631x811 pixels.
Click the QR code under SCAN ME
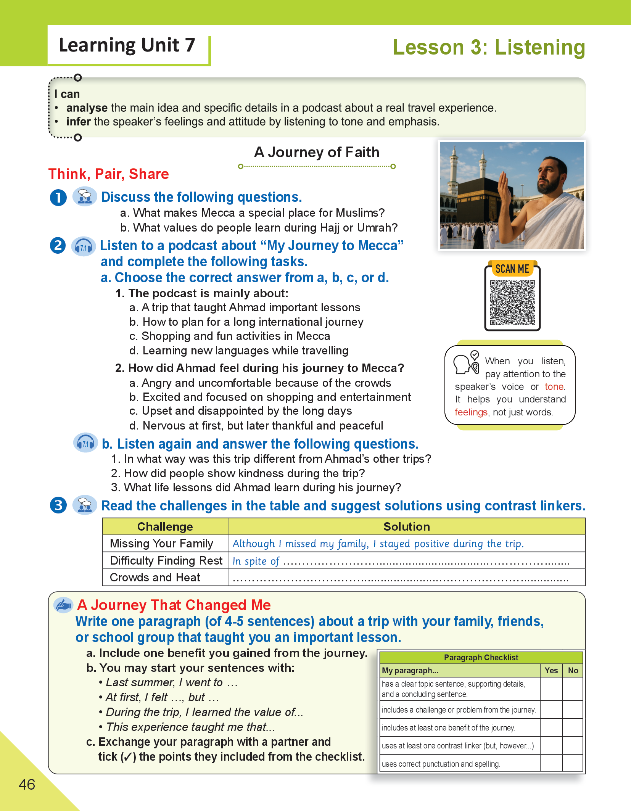click(x=512, y=303)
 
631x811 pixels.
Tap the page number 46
click(x=27, y=784)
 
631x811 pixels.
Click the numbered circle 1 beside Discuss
click(x=58, y=198)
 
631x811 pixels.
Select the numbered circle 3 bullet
click(x=58, y=505)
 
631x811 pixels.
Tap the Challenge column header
click(x=165, y=527)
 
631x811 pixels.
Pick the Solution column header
click(x=406, y=527)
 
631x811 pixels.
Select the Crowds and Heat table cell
click(x=155, y=578)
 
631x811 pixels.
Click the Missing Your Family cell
click(x=161, y=544)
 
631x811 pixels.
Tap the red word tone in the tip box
click(x=554, y=387)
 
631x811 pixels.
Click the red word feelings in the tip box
click(x=471, y=412)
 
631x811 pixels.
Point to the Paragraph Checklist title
click(x=481, y=658)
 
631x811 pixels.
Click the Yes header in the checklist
click(x=551, y=671)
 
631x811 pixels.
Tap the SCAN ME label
click(x=512, y=269)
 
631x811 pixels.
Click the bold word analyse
click(x=87, y=108)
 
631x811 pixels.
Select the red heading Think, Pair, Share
click(x=109, y=174)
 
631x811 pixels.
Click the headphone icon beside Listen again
click(x=85, y=443)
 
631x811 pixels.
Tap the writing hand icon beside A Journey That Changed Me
click(x=63, y=605)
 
